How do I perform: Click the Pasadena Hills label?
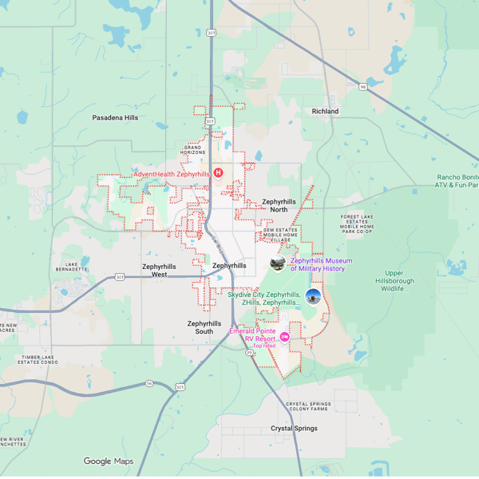click(x=115, y=117)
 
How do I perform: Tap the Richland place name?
click(x=325, y=111)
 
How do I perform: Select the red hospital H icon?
click(x=217, y=173)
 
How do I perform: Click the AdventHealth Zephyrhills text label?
click(x=171, y=174)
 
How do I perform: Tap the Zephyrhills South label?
click(x=200, y=327)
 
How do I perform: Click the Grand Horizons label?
click(x=195, y=151)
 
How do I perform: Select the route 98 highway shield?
click(x=362, y=86)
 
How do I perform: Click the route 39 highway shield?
click(x=248, y=352)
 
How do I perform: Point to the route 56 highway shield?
click(x=148, y=383)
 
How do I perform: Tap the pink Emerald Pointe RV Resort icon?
click(x=284, y=338)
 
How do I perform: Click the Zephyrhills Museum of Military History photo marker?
click(x=278, y=263)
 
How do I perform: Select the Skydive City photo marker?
click(x=313, y=297)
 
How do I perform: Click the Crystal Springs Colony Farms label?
click(x=307, y=407)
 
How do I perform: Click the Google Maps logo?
click(x=109, y=461)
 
